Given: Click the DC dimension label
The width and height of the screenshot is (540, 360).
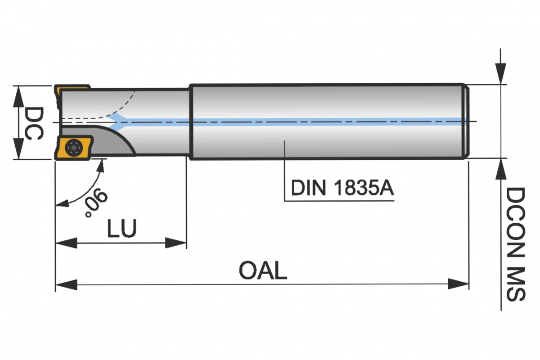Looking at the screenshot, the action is (x=34, y=123).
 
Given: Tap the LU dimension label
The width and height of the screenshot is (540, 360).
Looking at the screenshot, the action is (x=122, y=228).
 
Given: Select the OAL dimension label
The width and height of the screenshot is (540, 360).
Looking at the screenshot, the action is (x=263, y=270).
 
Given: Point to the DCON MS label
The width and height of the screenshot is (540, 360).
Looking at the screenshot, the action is (x=516, y=244).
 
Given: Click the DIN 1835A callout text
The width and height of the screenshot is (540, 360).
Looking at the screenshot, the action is (x=342, y=188).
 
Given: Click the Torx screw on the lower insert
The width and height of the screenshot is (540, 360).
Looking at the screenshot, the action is (x=74, y=147).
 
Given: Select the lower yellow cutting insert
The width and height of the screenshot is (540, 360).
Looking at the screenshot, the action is (x=73, y=148).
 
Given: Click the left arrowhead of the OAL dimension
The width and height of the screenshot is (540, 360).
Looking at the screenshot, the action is (x=66, y=284).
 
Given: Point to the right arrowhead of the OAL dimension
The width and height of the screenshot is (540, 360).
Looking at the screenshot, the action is (x=458, y=284).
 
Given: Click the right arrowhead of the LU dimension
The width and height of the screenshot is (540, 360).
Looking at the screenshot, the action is (x=176, y=243).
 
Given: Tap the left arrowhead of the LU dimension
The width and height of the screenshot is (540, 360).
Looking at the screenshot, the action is (x=66, y=243).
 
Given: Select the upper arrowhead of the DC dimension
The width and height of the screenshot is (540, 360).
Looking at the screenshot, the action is (x=18, y=96).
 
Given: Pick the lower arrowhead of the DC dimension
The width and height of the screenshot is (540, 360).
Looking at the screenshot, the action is (x=18, y=149).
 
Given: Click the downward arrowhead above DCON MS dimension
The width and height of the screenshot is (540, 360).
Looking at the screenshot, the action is (x=500, y=73).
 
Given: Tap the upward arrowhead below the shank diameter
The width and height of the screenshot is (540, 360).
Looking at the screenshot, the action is (x=501, y=169).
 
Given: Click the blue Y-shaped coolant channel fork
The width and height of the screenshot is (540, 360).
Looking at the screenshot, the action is (x=118, y=122).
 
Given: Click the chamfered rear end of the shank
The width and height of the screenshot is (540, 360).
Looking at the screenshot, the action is (x=467, y=121).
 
